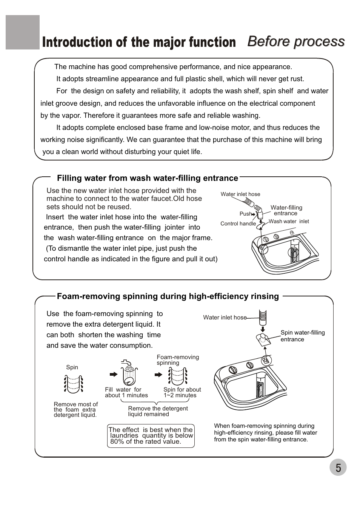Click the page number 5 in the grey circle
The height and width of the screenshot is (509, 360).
tap(338, 467)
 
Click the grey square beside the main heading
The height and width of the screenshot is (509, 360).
tap(23, 32)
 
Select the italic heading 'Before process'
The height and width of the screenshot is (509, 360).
tap(296, 41)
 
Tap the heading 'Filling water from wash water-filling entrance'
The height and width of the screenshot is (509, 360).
tap(148, 178)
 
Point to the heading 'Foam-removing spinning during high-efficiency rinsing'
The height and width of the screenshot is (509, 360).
tap(168, 296)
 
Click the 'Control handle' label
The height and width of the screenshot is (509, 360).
tap(238, 224)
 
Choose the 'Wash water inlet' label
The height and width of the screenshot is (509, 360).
tap(289, 222)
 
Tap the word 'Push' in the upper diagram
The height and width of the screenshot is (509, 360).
tap(245, 214)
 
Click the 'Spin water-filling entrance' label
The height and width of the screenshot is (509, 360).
tap(302, 336)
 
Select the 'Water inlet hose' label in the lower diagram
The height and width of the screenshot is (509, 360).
tap(225, 318)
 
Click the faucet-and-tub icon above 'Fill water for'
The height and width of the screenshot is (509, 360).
tap(129, 373)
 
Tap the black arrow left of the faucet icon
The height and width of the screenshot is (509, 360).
tap(113, 375)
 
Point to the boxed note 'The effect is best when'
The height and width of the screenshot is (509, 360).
tap(151, 436)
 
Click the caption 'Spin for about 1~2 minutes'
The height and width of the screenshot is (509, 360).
tap(182, 392)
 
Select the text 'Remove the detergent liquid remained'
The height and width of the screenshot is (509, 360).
tap(158, 411)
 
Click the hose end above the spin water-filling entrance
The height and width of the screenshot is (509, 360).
tap(263, 317)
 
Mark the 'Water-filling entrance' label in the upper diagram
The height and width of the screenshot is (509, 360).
tap(286, 210)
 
